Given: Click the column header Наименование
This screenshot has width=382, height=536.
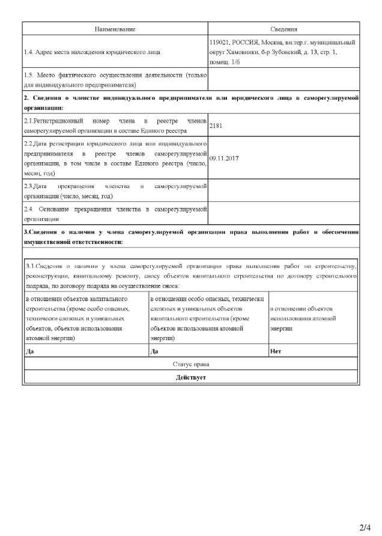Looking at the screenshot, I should click(x=115, y=29).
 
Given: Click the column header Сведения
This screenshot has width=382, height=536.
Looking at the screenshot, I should click(x=284, y=29).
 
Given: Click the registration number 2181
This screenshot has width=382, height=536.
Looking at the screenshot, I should click(x=216, y=127).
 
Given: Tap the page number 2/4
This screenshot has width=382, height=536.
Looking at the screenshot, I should click(x=365, y=528).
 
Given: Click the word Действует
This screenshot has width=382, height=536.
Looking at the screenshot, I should click(x=191, y=378).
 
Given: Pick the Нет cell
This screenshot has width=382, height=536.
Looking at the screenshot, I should click(x=276, y=351).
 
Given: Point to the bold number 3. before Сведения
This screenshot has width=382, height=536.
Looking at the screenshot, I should click(x=25, y=232).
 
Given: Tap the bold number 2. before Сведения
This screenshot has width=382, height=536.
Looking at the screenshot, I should click(x=26, y=97).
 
